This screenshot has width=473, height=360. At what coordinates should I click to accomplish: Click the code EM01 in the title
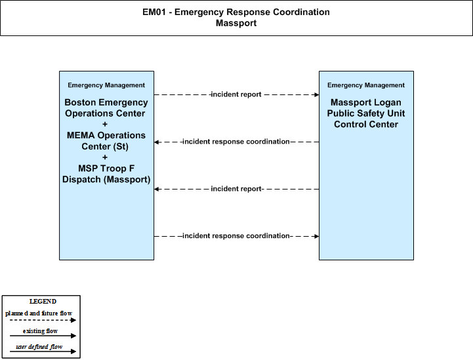click(154, 12)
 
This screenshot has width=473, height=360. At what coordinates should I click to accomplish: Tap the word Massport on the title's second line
click(236, 23)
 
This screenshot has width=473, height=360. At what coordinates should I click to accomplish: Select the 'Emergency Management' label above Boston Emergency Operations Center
click(106, 85)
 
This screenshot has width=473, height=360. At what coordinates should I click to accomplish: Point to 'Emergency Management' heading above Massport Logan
click(366, 85)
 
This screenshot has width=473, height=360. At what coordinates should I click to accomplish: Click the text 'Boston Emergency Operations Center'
click(106, 108)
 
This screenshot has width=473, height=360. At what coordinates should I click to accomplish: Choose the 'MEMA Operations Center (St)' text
click(106, 141)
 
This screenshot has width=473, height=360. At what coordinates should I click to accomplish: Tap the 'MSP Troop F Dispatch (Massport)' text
click(106, 174)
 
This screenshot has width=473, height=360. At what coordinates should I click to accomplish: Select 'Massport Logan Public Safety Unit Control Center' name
click(366, 113)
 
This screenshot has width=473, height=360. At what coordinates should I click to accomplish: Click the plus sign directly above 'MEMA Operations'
click(105, 124)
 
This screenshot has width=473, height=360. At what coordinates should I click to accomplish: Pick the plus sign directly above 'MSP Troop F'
click(105, 157)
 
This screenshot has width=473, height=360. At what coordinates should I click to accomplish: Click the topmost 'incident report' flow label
click(236, 94)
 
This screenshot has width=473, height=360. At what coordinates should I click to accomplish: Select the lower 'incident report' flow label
click(236, 189)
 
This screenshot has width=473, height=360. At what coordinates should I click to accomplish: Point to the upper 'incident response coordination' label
click(236, 142)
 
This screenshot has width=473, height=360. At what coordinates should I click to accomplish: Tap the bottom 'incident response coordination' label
click(236, 236)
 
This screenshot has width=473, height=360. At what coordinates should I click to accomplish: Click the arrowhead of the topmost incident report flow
click(317, 94)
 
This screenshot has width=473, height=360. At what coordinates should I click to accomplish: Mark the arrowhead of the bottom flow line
click(317, 236)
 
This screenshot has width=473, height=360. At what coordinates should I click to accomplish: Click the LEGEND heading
click(43, 302)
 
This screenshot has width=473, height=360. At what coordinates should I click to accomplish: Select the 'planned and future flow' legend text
click(39, 313)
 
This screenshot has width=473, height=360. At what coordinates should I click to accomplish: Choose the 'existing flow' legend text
click(40, 331)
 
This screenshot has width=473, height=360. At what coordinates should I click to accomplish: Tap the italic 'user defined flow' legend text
click(39, 347)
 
